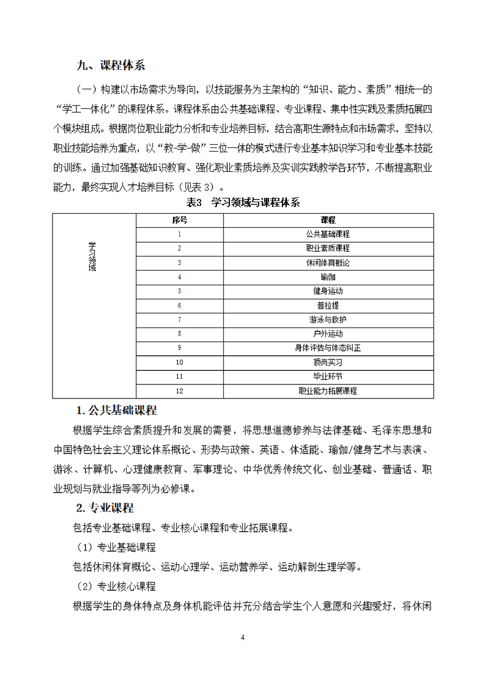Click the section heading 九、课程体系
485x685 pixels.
(111, 66)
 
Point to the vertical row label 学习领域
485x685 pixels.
(92, 257)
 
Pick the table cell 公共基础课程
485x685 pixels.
(327, 234)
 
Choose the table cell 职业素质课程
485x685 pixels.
(327, 248)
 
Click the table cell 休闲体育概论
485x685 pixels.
(327, 263)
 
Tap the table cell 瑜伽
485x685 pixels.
(327, 277)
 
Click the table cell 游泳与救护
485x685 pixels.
(327, 320)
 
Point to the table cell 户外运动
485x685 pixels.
(327, 334)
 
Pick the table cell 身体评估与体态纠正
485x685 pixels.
(327, 348)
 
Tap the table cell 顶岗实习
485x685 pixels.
(327, 362)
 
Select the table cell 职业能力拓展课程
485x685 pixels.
(327, 390)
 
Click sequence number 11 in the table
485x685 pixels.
(179, 376)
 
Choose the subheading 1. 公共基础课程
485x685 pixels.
(116, 409)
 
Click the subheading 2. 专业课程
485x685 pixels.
(105, 508)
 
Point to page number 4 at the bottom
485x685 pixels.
(243, 637)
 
